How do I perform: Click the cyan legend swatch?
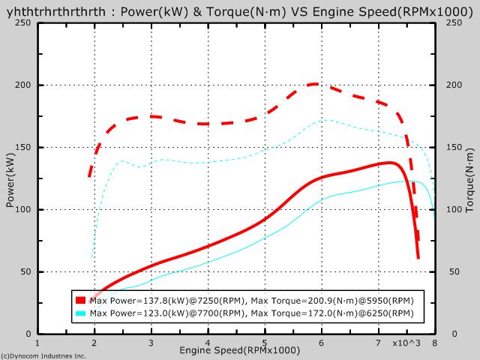coord(81,313)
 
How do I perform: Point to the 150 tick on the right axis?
coord(451,148)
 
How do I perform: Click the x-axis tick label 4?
coord(208,342)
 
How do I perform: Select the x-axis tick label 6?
coord(321,342)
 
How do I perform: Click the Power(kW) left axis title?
coord(10,178)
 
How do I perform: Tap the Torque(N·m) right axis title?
coord(469,178)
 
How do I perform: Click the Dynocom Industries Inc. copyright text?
coord(43,355)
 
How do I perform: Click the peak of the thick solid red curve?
coord(390,163)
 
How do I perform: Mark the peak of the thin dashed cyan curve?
coord(326,120)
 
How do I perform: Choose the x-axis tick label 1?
coord(37,342)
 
